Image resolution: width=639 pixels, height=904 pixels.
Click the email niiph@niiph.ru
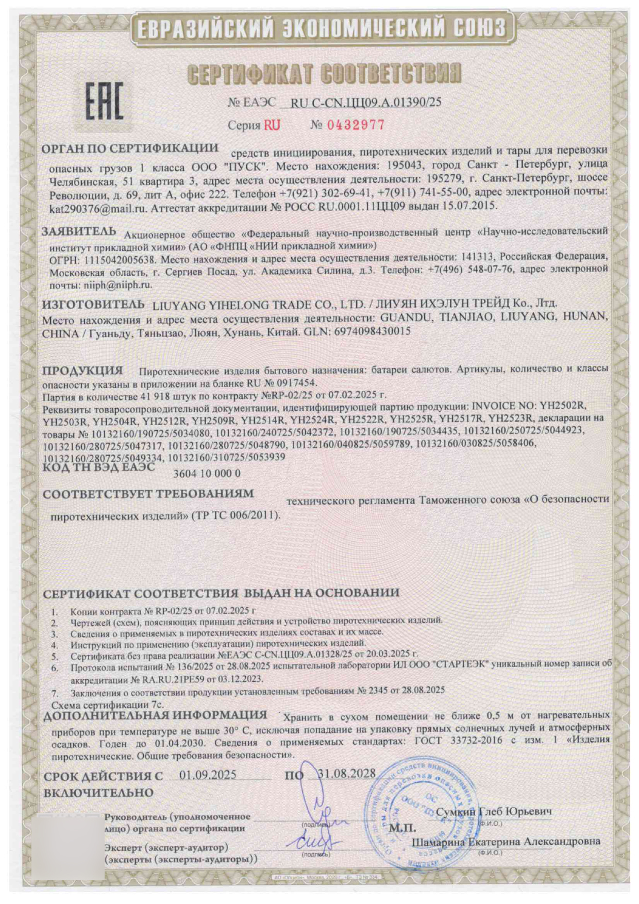coord(114,284)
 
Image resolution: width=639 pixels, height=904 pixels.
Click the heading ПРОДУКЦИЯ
coord(82,371)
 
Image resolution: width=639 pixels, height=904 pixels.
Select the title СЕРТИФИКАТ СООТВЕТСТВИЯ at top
coord(324,74)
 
